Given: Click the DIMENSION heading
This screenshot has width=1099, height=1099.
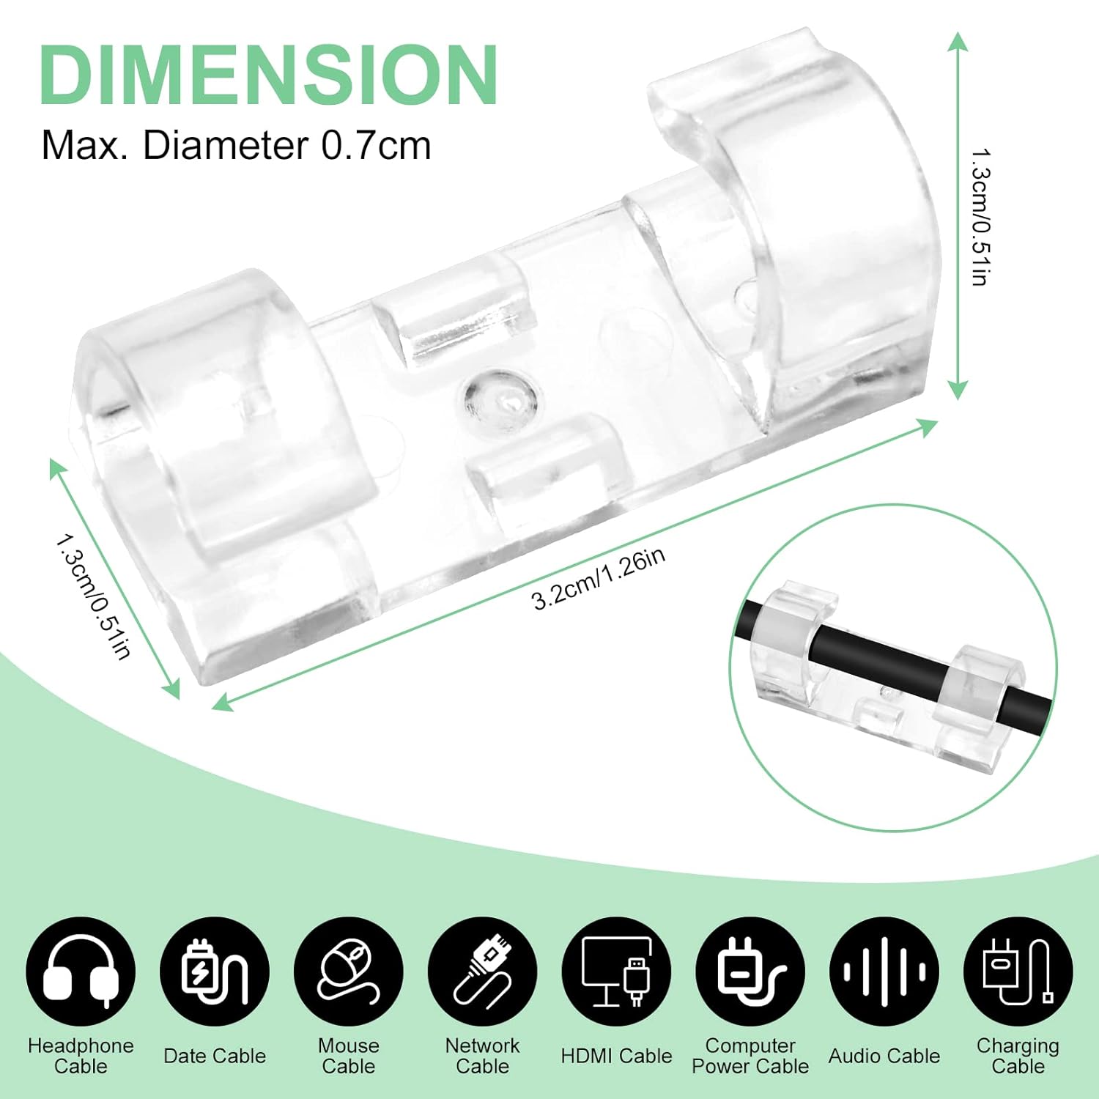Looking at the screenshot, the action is pyautogui.click(x=269, y=75).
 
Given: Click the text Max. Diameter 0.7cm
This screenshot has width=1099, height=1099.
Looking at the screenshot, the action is pyautogui.click(x=236, y=145).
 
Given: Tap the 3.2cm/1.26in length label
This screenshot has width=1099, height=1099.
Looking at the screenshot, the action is pyautogui.click(x=599, y=579).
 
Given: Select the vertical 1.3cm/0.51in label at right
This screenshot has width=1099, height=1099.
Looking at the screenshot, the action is pyautogui.click(x=981, y=218).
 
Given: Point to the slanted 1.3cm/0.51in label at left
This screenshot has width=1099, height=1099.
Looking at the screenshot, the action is pyautogui.click(x=94, y=596).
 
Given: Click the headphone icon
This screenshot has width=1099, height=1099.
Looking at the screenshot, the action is pyautogui.click(x=81, y=972).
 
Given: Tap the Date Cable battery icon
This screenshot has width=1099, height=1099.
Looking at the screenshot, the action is pyautogui.click(x=215, y=972).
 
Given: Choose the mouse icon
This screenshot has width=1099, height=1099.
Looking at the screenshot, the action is pyautogui.click(x=349, y=972).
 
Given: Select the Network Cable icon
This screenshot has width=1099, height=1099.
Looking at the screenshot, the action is pyautogui.click(x=483, y=972).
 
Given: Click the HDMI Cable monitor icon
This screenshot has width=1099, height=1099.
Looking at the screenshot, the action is pyautogui.click(x=617, y=972).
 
